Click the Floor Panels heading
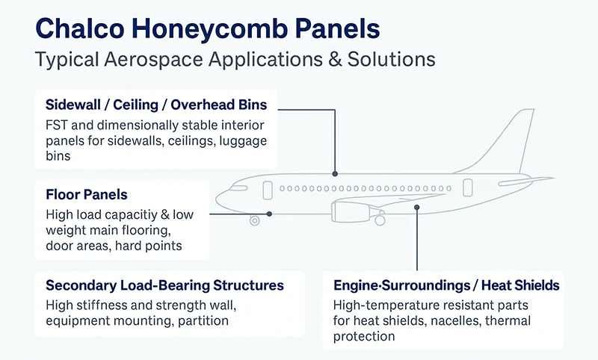pyautogui.click(x=86, y=194)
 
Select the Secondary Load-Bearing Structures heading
pyautogui.click(x=164, y=285)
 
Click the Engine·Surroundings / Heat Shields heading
pyautogui.click(x=446, y=285)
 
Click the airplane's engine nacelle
pyautogui.click(x=352, y=213)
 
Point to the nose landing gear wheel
pyautogui.click(x=255, y=220)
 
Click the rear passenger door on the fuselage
pyautogui.click(x=467, y=188)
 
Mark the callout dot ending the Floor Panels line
pyautogui.click(x=269, y=214)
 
